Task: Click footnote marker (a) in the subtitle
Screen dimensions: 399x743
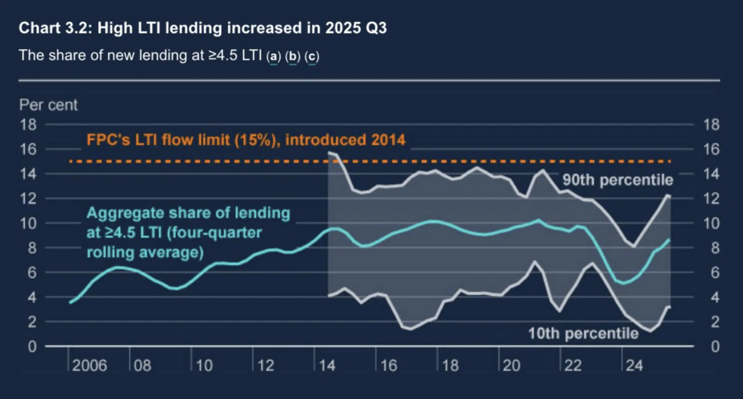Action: [x=273, y=56]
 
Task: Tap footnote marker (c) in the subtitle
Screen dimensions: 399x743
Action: [x=312, y=56]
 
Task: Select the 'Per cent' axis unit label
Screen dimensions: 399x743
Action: [x=48, y=105]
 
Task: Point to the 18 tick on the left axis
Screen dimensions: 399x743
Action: [x=28, y=125]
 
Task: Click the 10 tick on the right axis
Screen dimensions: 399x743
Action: [x=711, y=223]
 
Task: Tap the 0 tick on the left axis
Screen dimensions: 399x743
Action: [x=32, y=346]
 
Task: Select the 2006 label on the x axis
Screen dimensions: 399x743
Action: [x=89, y=365]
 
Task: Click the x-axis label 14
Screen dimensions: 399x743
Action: [x=327, y=365]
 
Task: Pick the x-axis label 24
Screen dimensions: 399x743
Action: [x=634, y=365]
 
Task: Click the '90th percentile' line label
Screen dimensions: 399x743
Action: [x=617, y=180]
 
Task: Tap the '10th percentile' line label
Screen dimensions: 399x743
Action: [x=583, y=333]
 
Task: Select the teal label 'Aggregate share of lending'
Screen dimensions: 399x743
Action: [x=188, y=213]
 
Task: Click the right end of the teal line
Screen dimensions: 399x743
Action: [x=669, y=240]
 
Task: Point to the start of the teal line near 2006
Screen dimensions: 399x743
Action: [x=70, y=302]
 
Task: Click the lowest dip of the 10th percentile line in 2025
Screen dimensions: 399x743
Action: [x=650, y=331]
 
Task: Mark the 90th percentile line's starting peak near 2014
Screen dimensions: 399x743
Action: [x=329, y=153]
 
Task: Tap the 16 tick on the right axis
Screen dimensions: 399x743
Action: [x=711, y=149]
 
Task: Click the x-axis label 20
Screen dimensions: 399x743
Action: [x=511, y=365]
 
